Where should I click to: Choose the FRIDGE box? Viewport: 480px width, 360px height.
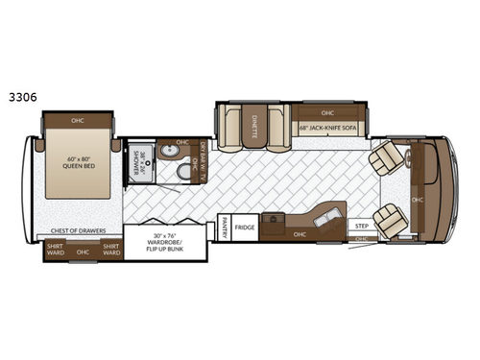click(244, 228)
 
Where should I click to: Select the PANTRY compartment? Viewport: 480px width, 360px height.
click(223, 228)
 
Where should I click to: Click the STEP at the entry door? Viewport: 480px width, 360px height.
click(362, 228)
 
